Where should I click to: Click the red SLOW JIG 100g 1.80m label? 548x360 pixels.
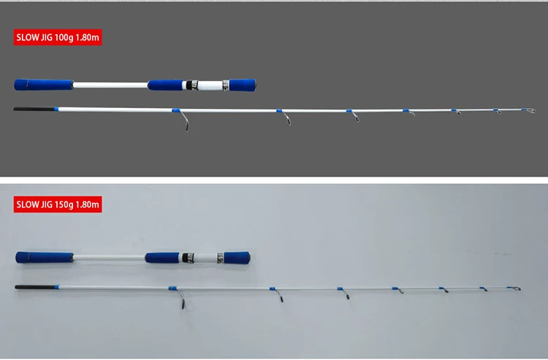coord(58,38)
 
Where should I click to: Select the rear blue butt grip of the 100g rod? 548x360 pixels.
coord(44,84)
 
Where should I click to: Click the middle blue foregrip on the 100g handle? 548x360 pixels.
coord(167,85)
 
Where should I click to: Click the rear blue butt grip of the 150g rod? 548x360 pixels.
coord(44,257)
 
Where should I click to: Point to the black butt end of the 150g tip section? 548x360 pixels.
coord(34,286)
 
